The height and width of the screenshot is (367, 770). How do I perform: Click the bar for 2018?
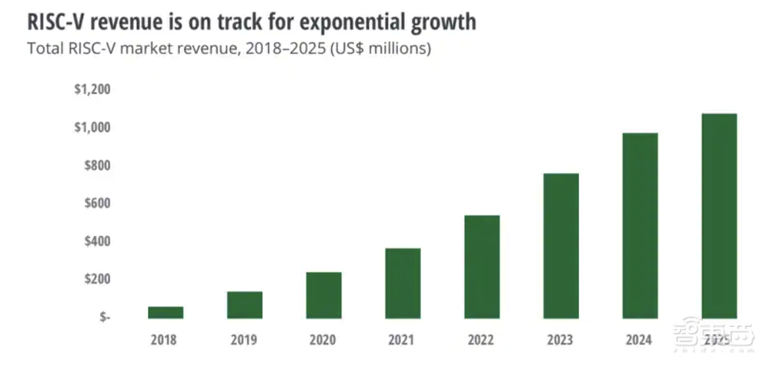pos(166,312)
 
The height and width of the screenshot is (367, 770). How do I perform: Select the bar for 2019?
pos(244,305)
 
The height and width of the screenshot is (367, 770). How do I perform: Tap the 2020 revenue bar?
pos(323,295)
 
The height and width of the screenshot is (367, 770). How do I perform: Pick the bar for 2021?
pos(403,283)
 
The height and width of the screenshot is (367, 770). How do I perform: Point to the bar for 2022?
pos(482,267)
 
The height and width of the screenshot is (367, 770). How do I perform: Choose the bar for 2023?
pos(561,246)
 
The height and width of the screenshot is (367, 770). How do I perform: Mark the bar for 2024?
pos(640,226)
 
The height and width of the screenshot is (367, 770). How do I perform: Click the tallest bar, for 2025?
pos(719,216)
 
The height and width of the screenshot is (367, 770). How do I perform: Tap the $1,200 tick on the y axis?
pos(92,89)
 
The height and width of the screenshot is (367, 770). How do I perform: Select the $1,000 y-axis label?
pos(92,127)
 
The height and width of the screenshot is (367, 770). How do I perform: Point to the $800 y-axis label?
pos(97,165)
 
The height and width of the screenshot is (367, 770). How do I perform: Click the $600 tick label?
pos(97,203)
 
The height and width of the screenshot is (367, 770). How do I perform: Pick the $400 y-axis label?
pos(97,241)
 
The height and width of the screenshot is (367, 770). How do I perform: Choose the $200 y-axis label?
pos(97,278)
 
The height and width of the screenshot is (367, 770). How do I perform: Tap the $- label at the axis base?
pos(104,317)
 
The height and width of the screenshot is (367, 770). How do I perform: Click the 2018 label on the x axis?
pos(166,338)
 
